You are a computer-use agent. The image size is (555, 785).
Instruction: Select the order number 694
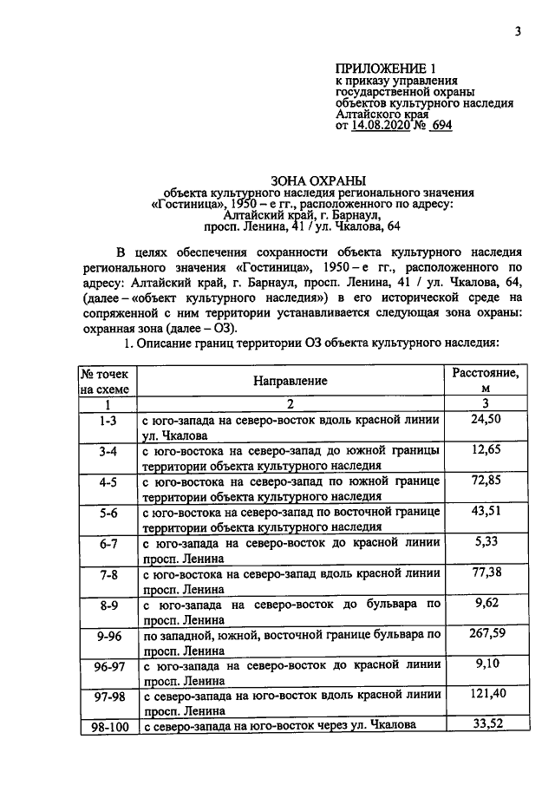click(x=440, y=125)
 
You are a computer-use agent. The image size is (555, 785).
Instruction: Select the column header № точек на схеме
click(x=107, y=381)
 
